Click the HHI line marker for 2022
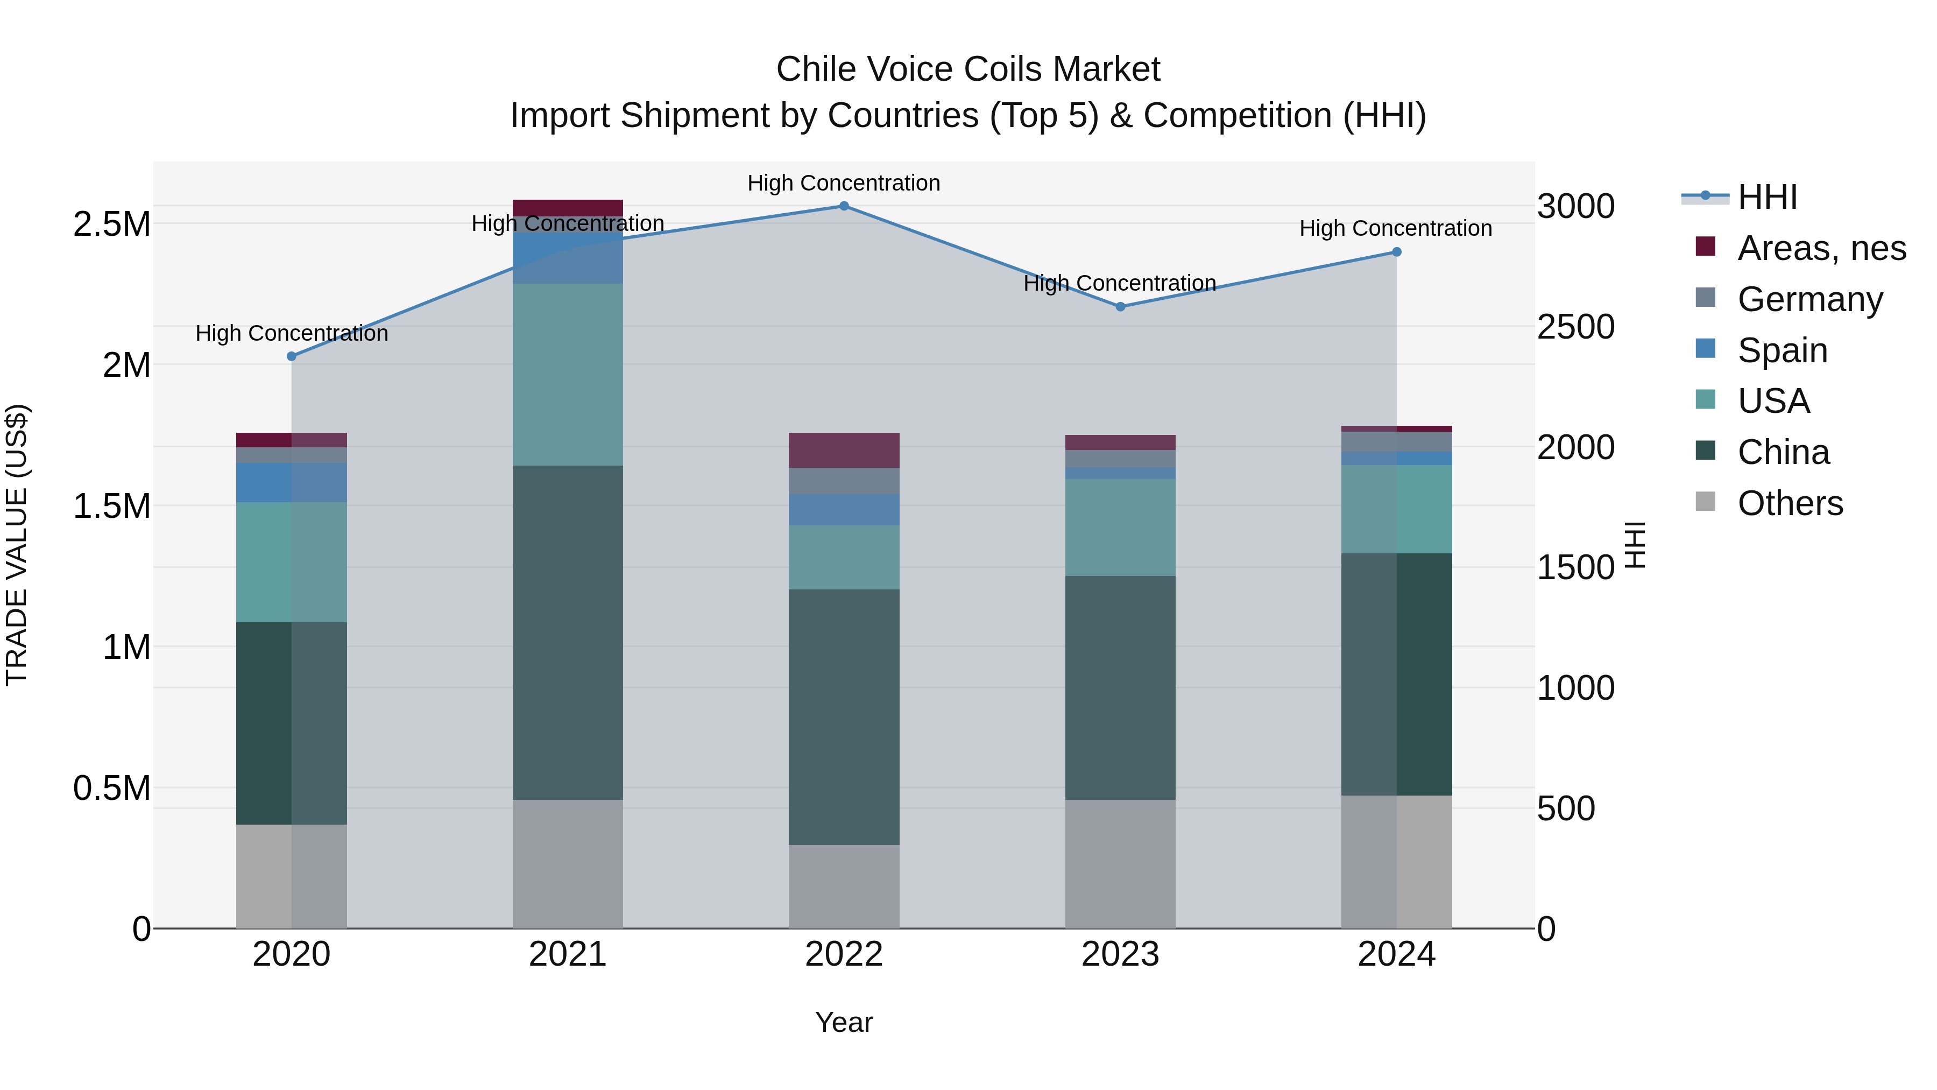(844, 206)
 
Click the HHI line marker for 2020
(292, 356)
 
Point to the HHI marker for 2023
(1120, 307)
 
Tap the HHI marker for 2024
(1396, 252)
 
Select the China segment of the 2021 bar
(568, 632)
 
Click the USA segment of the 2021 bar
(568, 374)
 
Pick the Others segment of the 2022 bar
(844, 886)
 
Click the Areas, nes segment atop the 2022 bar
(844, 450)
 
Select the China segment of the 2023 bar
(1120, 687)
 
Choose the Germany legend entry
(1809, 299)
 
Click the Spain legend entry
(1782, 350)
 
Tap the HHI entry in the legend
(1767, 197)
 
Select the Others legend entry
(1790, 503)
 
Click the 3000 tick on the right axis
(1575, 206)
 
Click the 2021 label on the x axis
(568, 954)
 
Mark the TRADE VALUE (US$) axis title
(17, 545)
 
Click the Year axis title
(844, 1022)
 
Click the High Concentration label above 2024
(1396, 228)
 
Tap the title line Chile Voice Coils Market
(968, 69)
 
